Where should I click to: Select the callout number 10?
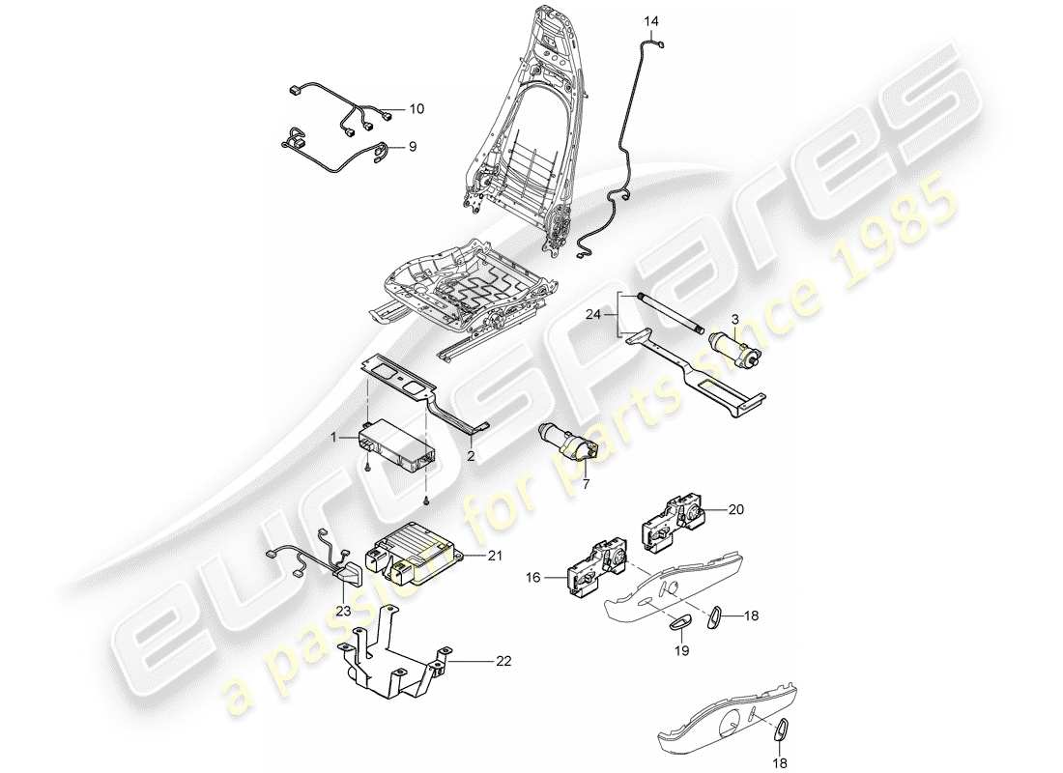click(x=417, y=108)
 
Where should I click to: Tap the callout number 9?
click(x=412, y=147)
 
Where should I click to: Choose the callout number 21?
click(x=496, y=555)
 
